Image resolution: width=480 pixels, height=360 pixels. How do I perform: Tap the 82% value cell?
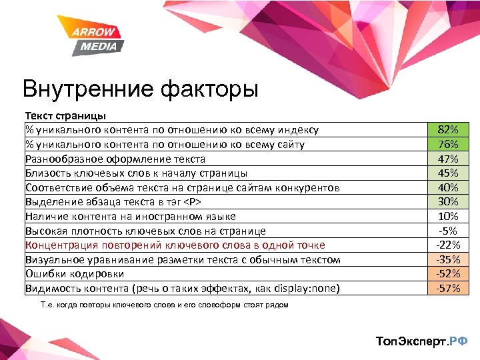pos(448,129)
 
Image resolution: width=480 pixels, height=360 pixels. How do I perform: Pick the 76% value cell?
pos(448,144)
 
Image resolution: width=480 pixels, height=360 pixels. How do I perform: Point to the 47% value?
pos(448,159)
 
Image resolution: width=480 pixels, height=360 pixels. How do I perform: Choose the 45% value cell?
pos(448,173)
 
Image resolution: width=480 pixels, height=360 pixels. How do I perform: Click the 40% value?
pos(448,187)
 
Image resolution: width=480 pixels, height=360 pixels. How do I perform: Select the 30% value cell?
pos(448,202)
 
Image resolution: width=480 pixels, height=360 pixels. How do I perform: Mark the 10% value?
pos(448,217)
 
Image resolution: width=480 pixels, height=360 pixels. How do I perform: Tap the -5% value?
pos(448,231)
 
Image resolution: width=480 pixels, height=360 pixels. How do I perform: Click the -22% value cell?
pos(448,245)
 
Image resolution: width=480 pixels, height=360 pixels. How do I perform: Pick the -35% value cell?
pos(448,259)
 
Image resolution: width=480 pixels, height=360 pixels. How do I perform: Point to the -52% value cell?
pos(448,274)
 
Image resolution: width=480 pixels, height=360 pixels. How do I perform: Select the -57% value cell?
pos(448,289)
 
